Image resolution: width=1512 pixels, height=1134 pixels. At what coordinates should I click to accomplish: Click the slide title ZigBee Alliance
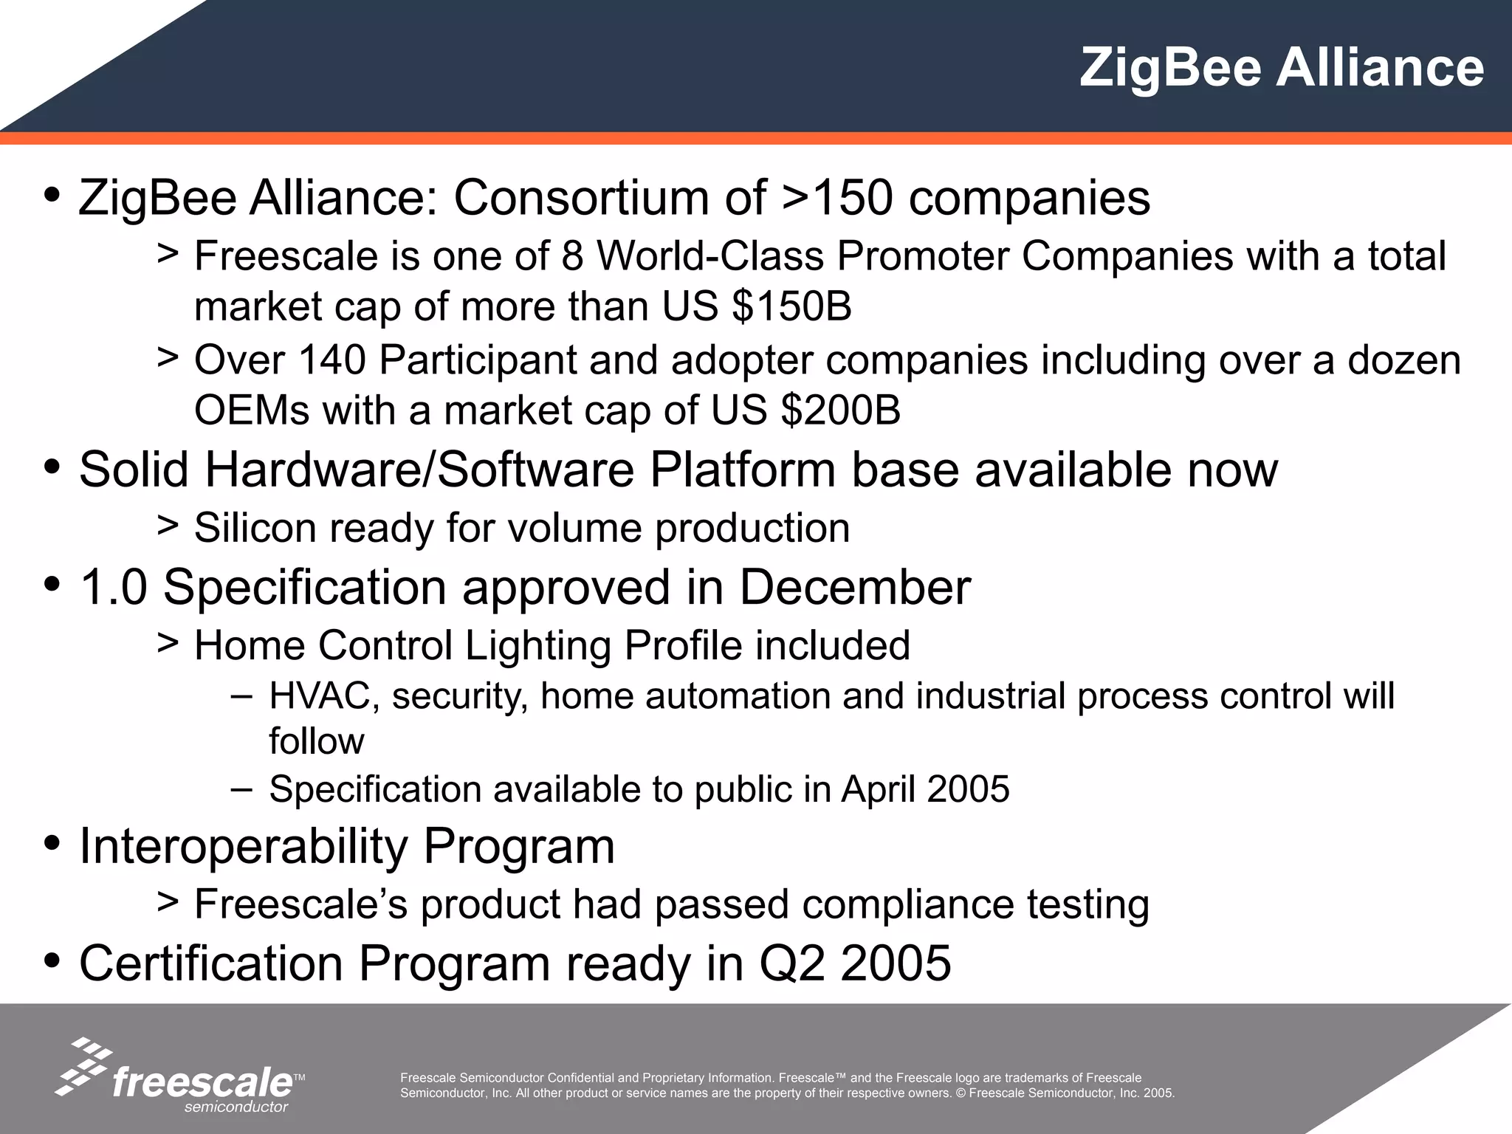1281,68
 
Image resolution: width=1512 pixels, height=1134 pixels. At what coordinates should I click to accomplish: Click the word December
854,588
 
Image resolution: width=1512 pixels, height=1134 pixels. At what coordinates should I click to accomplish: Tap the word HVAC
324,696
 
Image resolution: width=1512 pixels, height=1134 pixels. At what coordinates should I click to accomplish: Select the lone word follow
316,741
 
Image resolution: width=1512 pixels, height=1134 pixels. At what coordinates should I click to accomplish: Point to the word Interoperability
243,846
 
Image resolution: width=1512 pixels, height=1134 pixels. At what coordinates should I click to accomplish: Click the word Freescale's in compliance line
300,904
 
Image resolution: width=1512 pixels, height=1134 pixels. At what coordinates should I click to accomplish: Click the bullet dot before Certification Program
52,961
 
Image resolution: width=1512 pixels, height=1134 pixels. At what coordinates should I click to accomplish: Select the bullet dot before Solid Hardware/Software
52,467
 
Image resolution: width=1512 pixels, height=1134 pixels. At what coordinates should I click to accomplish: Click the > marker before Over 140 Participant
168,358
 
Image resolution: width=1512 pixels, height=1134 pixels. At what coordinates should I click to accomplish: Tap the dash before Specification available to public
241,788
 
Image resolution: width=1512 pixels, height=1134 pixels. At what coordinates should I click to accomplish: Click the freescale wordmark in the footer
202,1083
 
